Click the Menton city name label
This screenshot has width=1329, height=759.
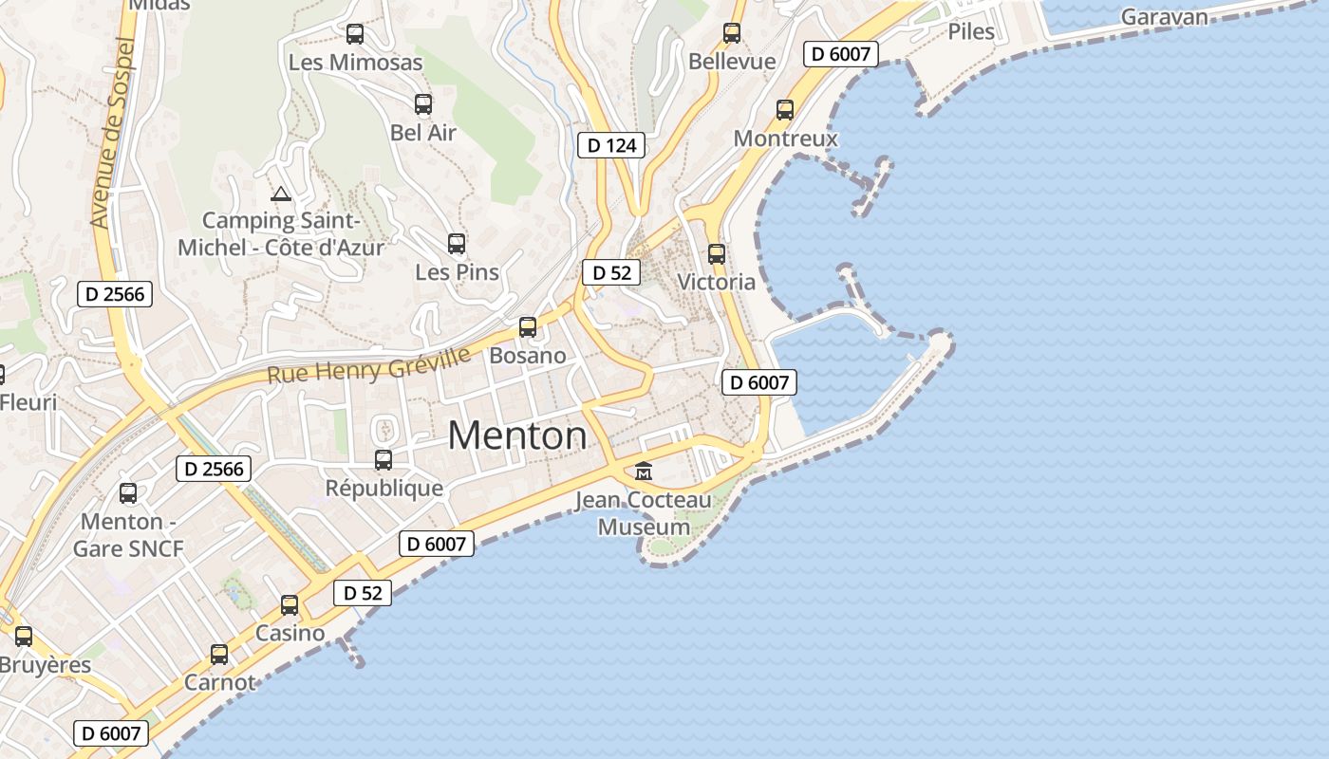click(517, 435)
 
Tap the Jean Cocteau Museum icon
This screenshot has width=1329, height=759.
click(644, 471)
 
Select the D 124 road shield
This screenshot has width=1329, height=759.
click(611, 145)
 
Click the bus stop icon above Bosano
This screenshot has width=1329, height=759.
click(528, 327)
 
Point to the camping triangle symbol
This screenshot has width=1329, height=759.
click(280, 194)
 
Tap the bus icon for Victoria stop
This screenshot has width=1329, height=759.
click(717, 254)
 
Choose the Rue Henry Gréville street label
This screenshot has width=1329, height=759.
click(368, 365)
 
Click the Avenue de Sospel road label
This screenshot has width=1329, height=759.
click(113, 133)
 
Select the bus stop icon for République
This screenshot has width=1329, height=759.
click(384, 460)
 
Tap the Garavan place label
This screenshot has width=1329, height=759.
click(1165, 17)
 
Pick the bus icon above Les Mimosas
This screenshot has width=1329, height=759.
click(355, 34)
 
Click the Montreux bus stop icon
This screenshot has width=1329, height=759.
click(785, 110)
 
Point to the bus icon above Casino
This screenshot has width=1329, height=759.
click(290, 605)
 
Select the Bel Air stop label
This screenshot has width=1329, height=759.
click(423, 133)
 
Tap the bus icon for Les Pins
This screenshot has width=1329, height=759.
click(457, 244)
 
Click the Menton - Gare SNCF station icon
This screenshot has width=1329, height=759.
click(128, 493)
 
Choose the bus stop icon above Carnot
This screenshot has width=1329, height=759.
click(219, 655)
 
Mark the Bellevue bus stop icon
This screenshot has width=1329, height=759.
click(732, 33)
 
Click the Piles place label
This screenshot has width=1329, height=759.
click(971, 31)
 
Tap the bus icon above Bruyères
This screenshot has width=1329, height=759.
click(24, 637)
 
